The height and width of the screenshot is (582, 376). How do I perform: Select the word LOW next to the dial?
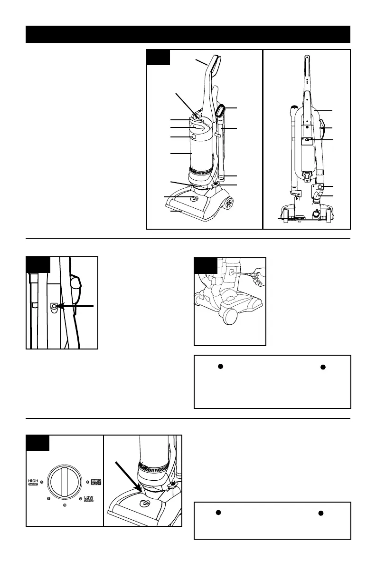pos(88,497)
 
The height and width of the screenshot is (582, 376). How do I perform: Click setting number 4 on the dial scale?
pos(49,498)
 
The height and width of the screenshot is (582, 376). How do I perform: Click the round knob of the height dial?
pos(65,481)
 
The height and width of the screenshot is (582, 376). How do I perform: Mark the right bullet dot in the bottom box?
pos(320,513)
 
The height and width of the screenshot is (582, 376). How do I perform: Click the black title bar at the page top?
pos(188,35)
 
